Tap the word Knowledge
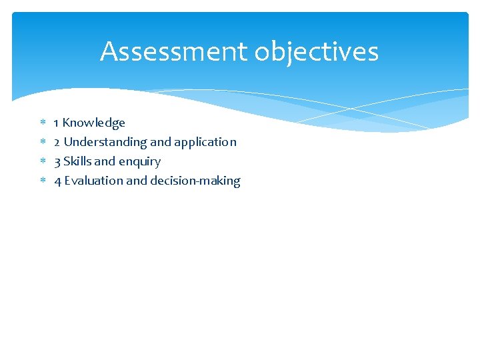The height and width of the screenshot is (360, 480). point(93,123)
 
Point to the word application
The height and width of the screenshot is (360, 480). point(205,142)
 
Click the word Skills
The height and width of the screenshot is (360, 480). point(77,161)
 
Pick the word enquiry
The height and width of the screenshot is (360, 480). point(140,162)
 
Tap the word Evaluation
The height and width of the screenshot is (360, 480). point(93,181)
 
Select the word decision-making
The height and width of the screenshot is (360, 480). point(195,181)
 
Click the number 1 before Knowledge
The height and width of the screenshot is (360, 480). point(57,123)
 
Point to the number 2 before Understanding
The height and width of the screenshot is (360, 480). point(57,142)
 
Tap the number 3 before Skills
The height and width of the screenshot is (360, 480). point(57,161)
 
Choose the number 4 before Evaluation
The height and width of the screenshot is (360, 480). point(57,181)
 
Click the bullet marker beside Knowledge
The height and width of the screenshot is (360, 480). point(41,123)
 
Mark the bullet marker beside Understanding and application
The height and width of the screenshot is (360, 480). point(41,142)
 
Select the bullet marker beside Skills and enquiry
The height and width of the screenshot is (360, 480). point(41,161)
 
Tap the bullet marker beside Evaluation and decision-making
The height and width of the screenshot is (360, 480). point(41,181)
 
